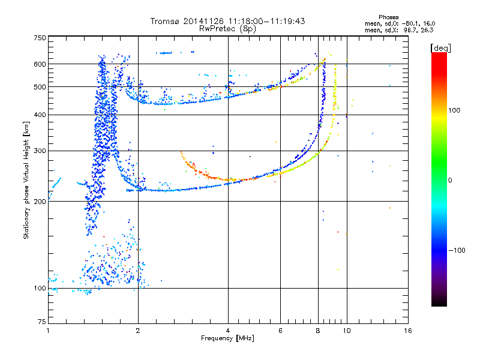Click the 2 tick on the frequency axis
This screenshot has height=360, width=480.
(138, 330)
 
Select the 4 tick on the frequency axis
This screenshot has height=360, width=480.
(228, 330)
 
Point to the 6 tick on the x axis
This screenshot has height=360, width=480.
(280, 330)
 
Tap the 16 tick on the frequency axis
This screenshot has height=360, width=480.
(407, 330)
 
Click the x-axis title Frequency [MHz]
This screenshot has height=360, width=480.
(228, 339)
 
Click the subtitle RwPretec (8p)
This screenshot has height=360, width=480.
(228, 28)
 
